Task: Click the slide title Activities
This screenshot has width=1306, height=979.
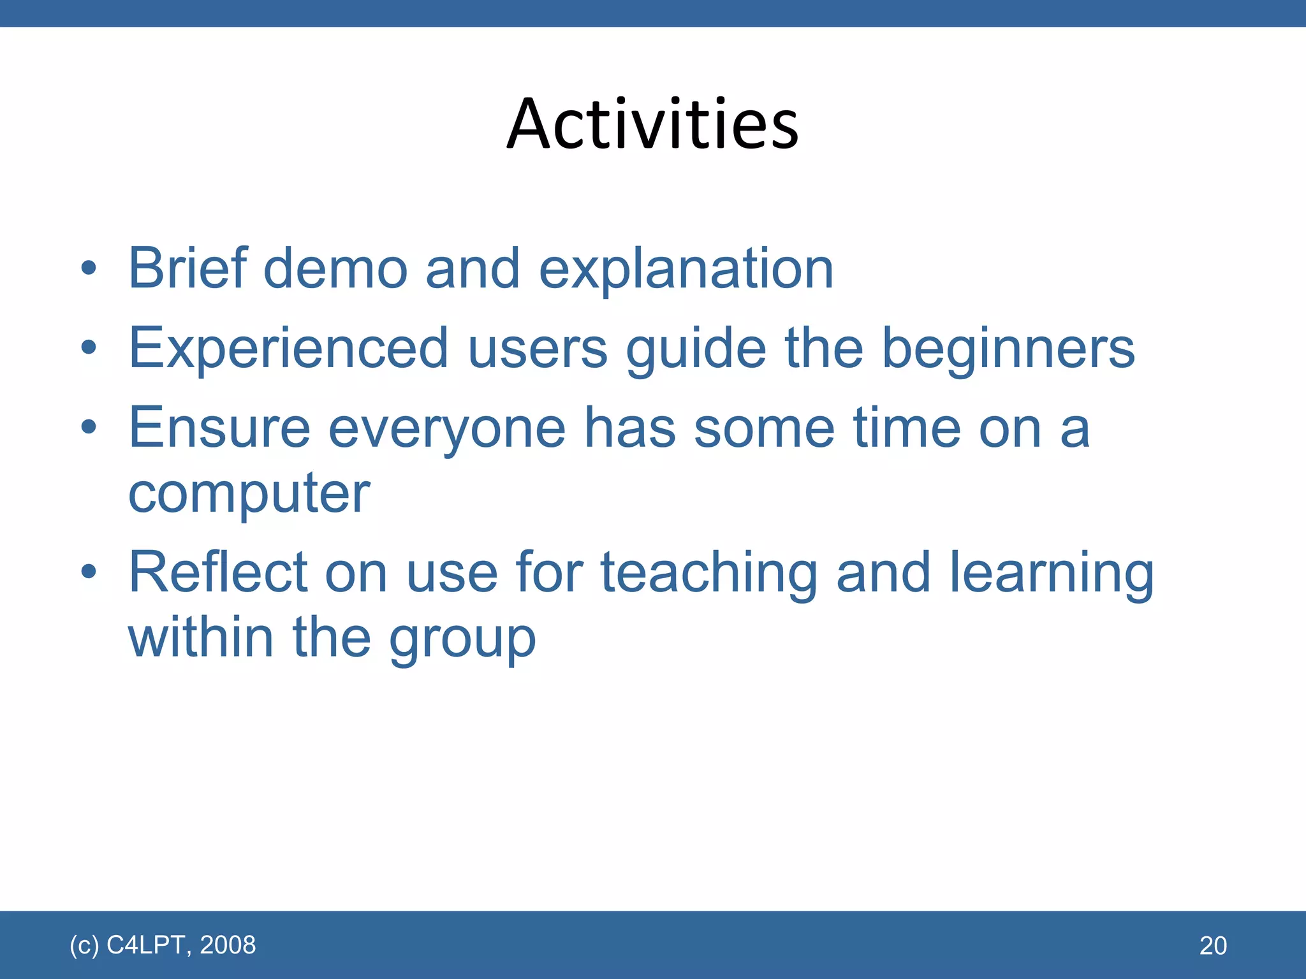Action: click(652, 124)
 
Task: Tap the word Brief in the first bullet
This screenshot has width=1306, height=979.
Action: click(187, 268)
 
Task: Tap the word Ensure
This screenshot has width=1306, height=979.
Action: click(219, 428)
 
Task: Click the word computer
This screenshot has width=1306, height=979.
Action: click(249, 495)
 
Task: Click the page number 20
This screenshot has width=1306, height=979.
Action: click(1213, 946)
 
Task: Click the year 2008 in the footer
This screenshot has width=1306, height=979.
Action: click(228, 945)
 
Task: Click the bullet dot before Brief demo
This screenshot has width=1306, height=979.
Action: click(89, 268)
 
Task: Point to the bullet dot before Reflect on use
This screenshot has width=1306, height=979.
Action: click(89, 572)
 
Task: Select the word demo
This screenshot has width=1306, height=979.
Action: click(335, 268)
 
